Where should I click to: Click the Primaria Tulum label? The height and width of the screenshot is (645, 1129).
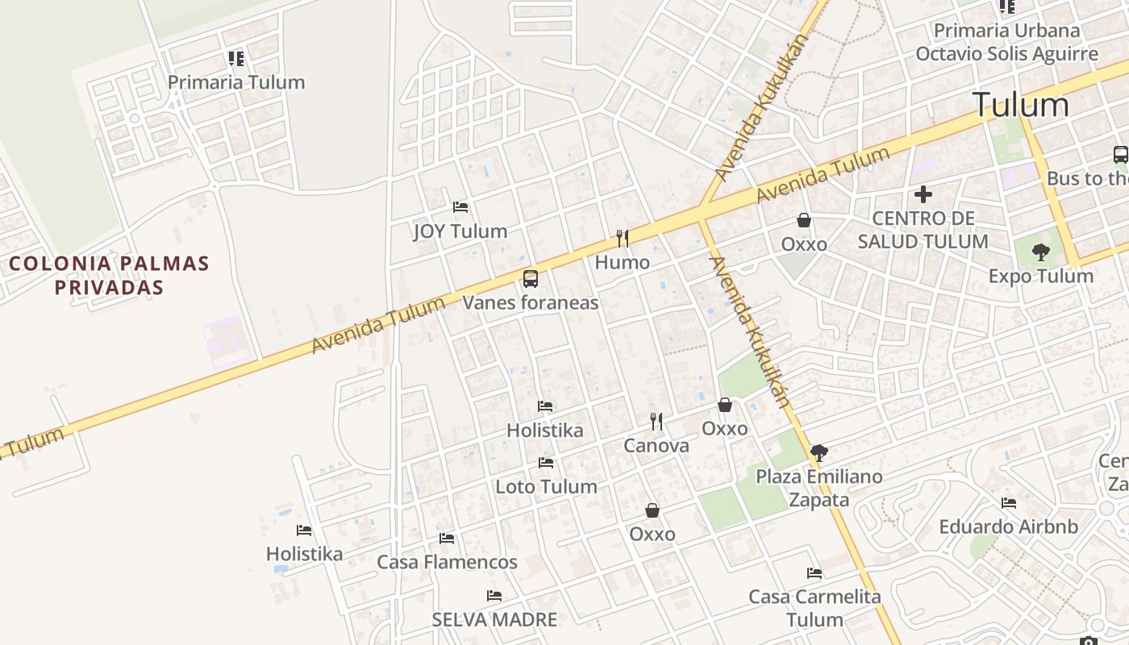click(x=236, y=82)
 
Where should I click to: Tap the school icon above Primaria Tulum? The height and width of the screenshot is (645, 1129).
click(x=235, y=58)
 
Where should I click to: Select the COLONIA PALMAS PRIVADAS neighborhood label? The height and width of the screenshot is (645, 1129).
click(x=109, y=275)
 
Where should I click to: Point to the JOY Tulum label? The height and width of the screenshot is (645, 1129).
click(x=460, y=231)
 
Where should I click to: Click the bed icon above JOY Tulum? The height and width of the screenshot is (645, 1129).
click(x=460, y=207)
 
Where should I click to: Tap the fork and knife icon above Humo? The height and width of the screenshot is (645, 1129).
click(x=622, y=238)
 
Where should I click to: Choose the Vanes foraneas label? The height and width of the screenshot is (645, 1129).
click(x=530, y=303)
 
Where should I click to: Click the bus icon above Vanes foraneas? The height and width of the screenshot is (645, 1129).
click(x=530, y=279)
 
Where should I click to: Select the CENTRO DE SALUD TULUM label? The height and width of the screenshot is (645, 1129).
click(x=923, y=230)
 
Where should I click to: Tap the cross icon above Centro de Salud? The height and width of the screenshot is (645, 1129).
click(x=923, y=194)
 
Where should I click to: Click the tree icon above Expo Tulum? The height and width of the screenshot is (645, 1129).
click(x=1041, y=252)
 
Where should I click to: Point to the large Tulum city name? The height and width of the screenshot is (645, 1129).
click(x=1020, y=105)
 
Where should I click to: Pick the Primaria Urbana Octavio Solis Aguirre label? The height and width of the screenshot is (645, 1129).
click(x=1006, y=42)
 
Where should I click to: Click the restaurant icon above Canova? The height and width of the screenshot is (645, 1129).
click(x=656, y=421)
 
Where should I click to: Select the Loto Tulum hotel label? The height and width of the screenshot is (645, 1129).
click(x=546, y=487)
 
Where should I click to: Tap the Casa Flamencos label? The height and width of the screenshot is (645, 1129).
click(x=447, y=562)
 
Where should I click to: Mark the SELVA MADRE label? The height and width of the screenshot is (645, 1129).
click(x=494, y=620)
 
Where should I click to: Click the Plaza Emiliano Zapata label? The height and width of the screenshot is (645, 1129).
click(x=819, y=488)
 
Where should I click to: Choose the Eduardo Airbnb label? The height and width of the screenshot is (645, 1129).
click(x=1008, y=527)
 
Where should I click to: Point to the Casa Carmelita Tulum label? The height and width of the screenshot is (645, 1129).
click(x=814, y=608)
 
